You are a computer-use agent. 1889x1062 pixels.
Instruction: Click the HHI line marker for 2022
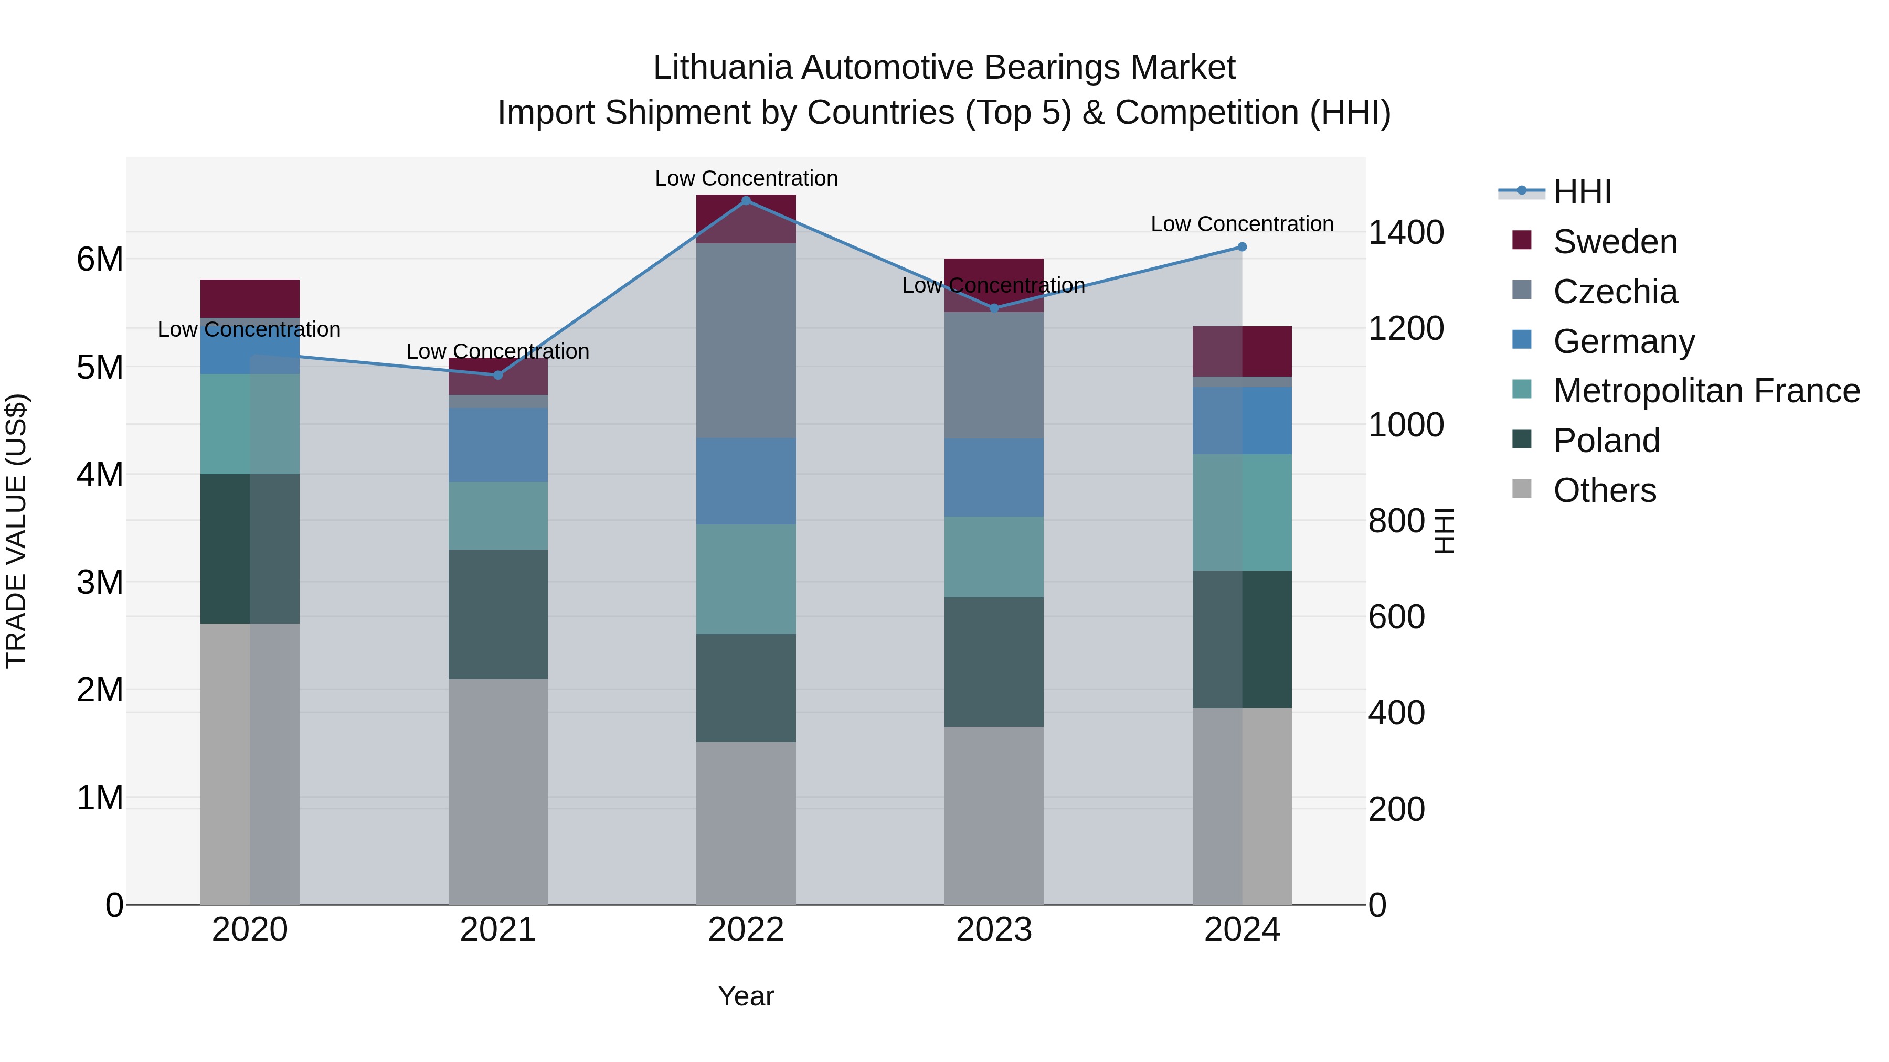point(746,200)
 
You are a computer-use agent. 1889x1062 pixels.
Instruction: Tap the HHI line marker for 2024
point(1241,247)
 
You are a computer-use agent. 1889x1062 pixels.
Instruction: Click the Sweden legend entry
point(1614,242)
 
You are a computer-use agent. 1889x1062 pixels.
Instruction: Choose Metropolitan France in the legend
point(1706,391)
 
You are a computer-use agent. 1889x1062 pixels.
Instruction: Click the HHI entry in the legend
point(1581,192)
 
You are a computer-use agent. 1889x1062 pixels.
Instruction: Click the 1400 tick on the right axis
point(1406,233)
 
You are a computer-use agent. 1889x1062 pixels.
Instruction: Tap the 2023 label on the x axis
point(994,930)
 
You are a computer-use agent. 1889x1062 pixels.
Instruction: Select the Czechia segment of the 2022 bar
point(746,341)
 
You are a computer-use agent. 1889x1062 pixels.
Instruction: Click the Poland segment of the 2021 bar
point(498,614)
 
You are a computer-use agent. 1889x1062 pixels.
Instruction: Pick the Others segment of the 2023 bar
point(994,815)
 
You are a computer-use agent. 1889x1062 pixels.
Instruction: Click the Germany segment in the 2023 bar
point(994,477)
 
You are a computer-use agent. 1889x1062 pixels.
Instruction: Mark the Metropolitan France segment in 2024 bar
point(1241,512)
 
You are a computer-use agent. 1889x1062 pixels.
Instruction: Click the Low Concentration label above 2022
point(746,178)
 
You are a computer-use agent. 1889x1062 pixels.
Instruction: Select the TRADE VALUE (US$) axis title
point(16,531)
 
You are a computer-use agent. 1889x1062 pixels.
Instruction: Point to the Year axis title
point(746,996)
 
